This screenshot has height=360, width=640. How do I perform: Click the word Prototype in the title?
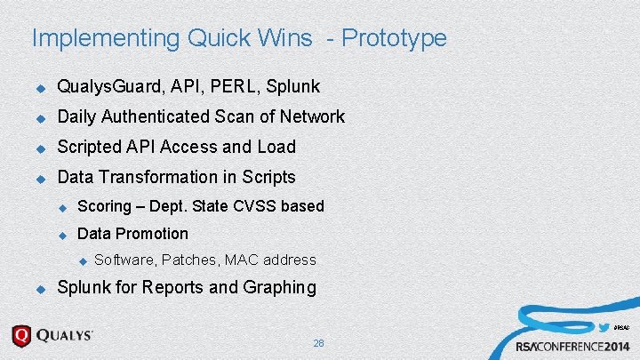click(394, 38)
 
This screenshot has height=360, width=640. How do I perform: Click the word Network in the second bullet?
click(311, 116)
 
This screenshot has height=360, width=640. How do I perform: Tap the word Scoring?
click(105, 206)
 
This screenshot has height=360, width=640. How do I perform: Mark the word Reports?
click(175, 287)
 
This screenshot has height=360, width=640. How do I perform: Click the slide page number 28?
click(319, 343)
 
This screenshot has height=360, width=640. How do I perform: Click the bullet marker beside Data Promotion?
click(63, 235)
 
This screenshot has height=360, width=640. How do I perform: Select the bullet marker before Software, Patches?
click(82, 260)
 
